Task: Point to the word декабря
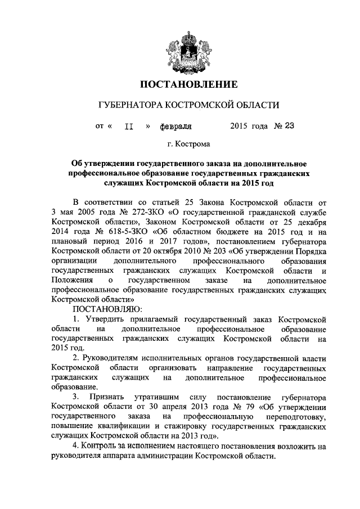point(309,222)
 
